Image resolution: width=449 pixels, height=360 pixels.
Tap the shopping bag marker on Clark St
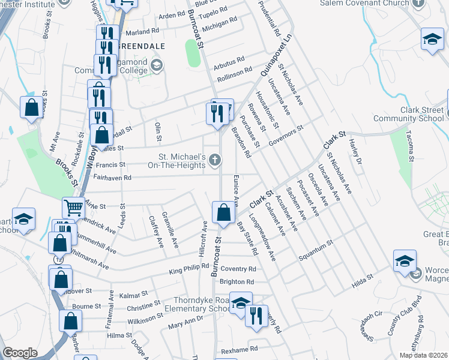click(x=223, y=212)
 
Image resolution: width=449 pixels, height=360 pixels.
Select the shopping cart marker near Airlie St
click(x=73, y=208)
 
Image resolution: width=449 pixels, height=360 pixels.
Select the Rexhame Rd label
click(x=239, y=349)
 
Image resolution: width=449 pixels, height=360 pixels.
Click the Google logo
click(x=20, y=353)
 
